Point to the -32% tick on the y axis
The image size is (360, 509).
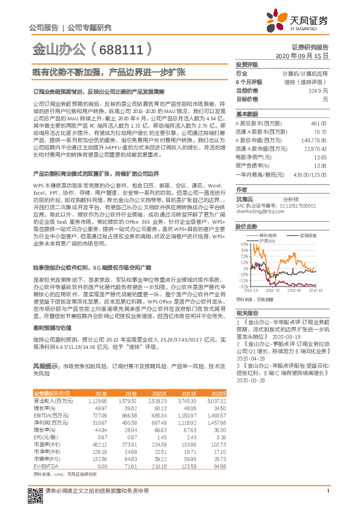(x=243, y=286)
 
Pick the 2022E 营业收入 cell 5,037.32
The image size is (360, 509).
(x=216, y=401)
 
